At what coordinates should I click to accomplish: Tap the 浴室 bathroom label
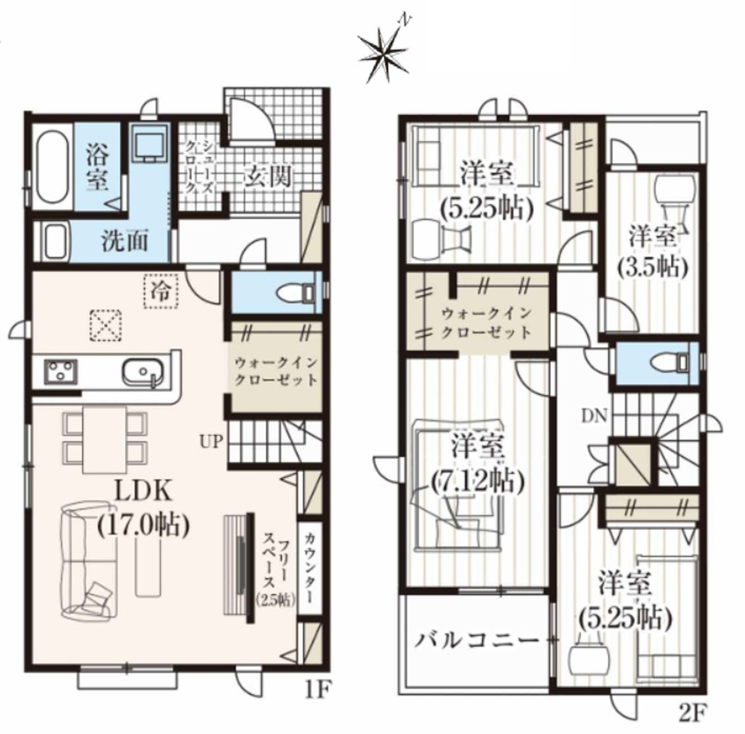pyautogui.click(x=97, y=167)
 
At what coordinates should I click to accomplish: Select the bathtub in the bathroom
pyautogui.click(x=54, y=167)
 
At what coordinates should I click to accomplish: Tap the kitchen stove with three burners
pyautogui.click(x=61, y=372)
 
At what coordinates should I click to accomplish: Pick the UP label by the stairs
pyautogui.click(x=211, y=442)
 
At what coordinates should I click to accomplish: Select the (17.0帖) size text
pyautogui.click(x=143, y=524)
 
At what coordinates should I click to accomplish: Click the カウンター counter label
pyautogui.click(x=310, y=569)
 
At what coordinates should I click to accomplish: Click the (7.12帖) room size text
pyautogui.click(x=478, y=481)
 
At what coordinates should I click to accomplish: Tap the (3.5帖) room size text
pyautogui.click(x=652, y=267)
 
